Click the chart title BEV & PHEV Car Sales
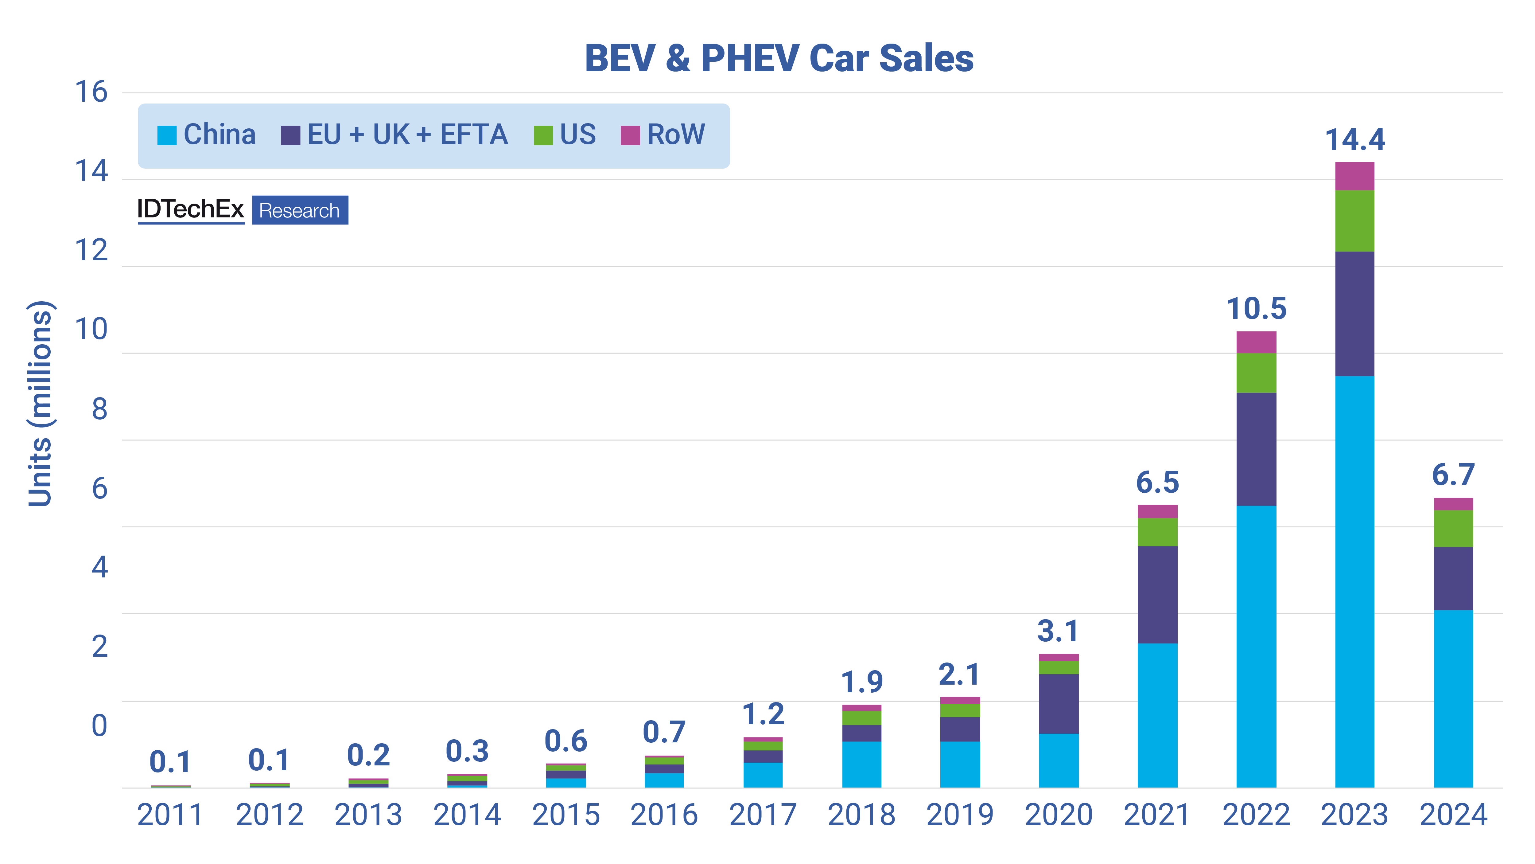[x=779, y=58]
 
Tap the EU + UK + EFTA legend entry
[x=394, y=135]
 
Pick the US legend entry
[x=565, y=135]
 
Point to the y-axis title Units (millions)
[x=41, y=404]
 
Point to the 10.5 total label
[x=1256, y=309]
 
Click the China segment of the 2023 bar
[x=1354, y=581]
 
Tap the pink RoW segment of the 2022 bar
[x=1256, y=342]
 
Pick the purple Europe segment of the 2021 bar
[x=1157, y=595]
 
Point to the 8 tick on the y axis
[x=99, y=410]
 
